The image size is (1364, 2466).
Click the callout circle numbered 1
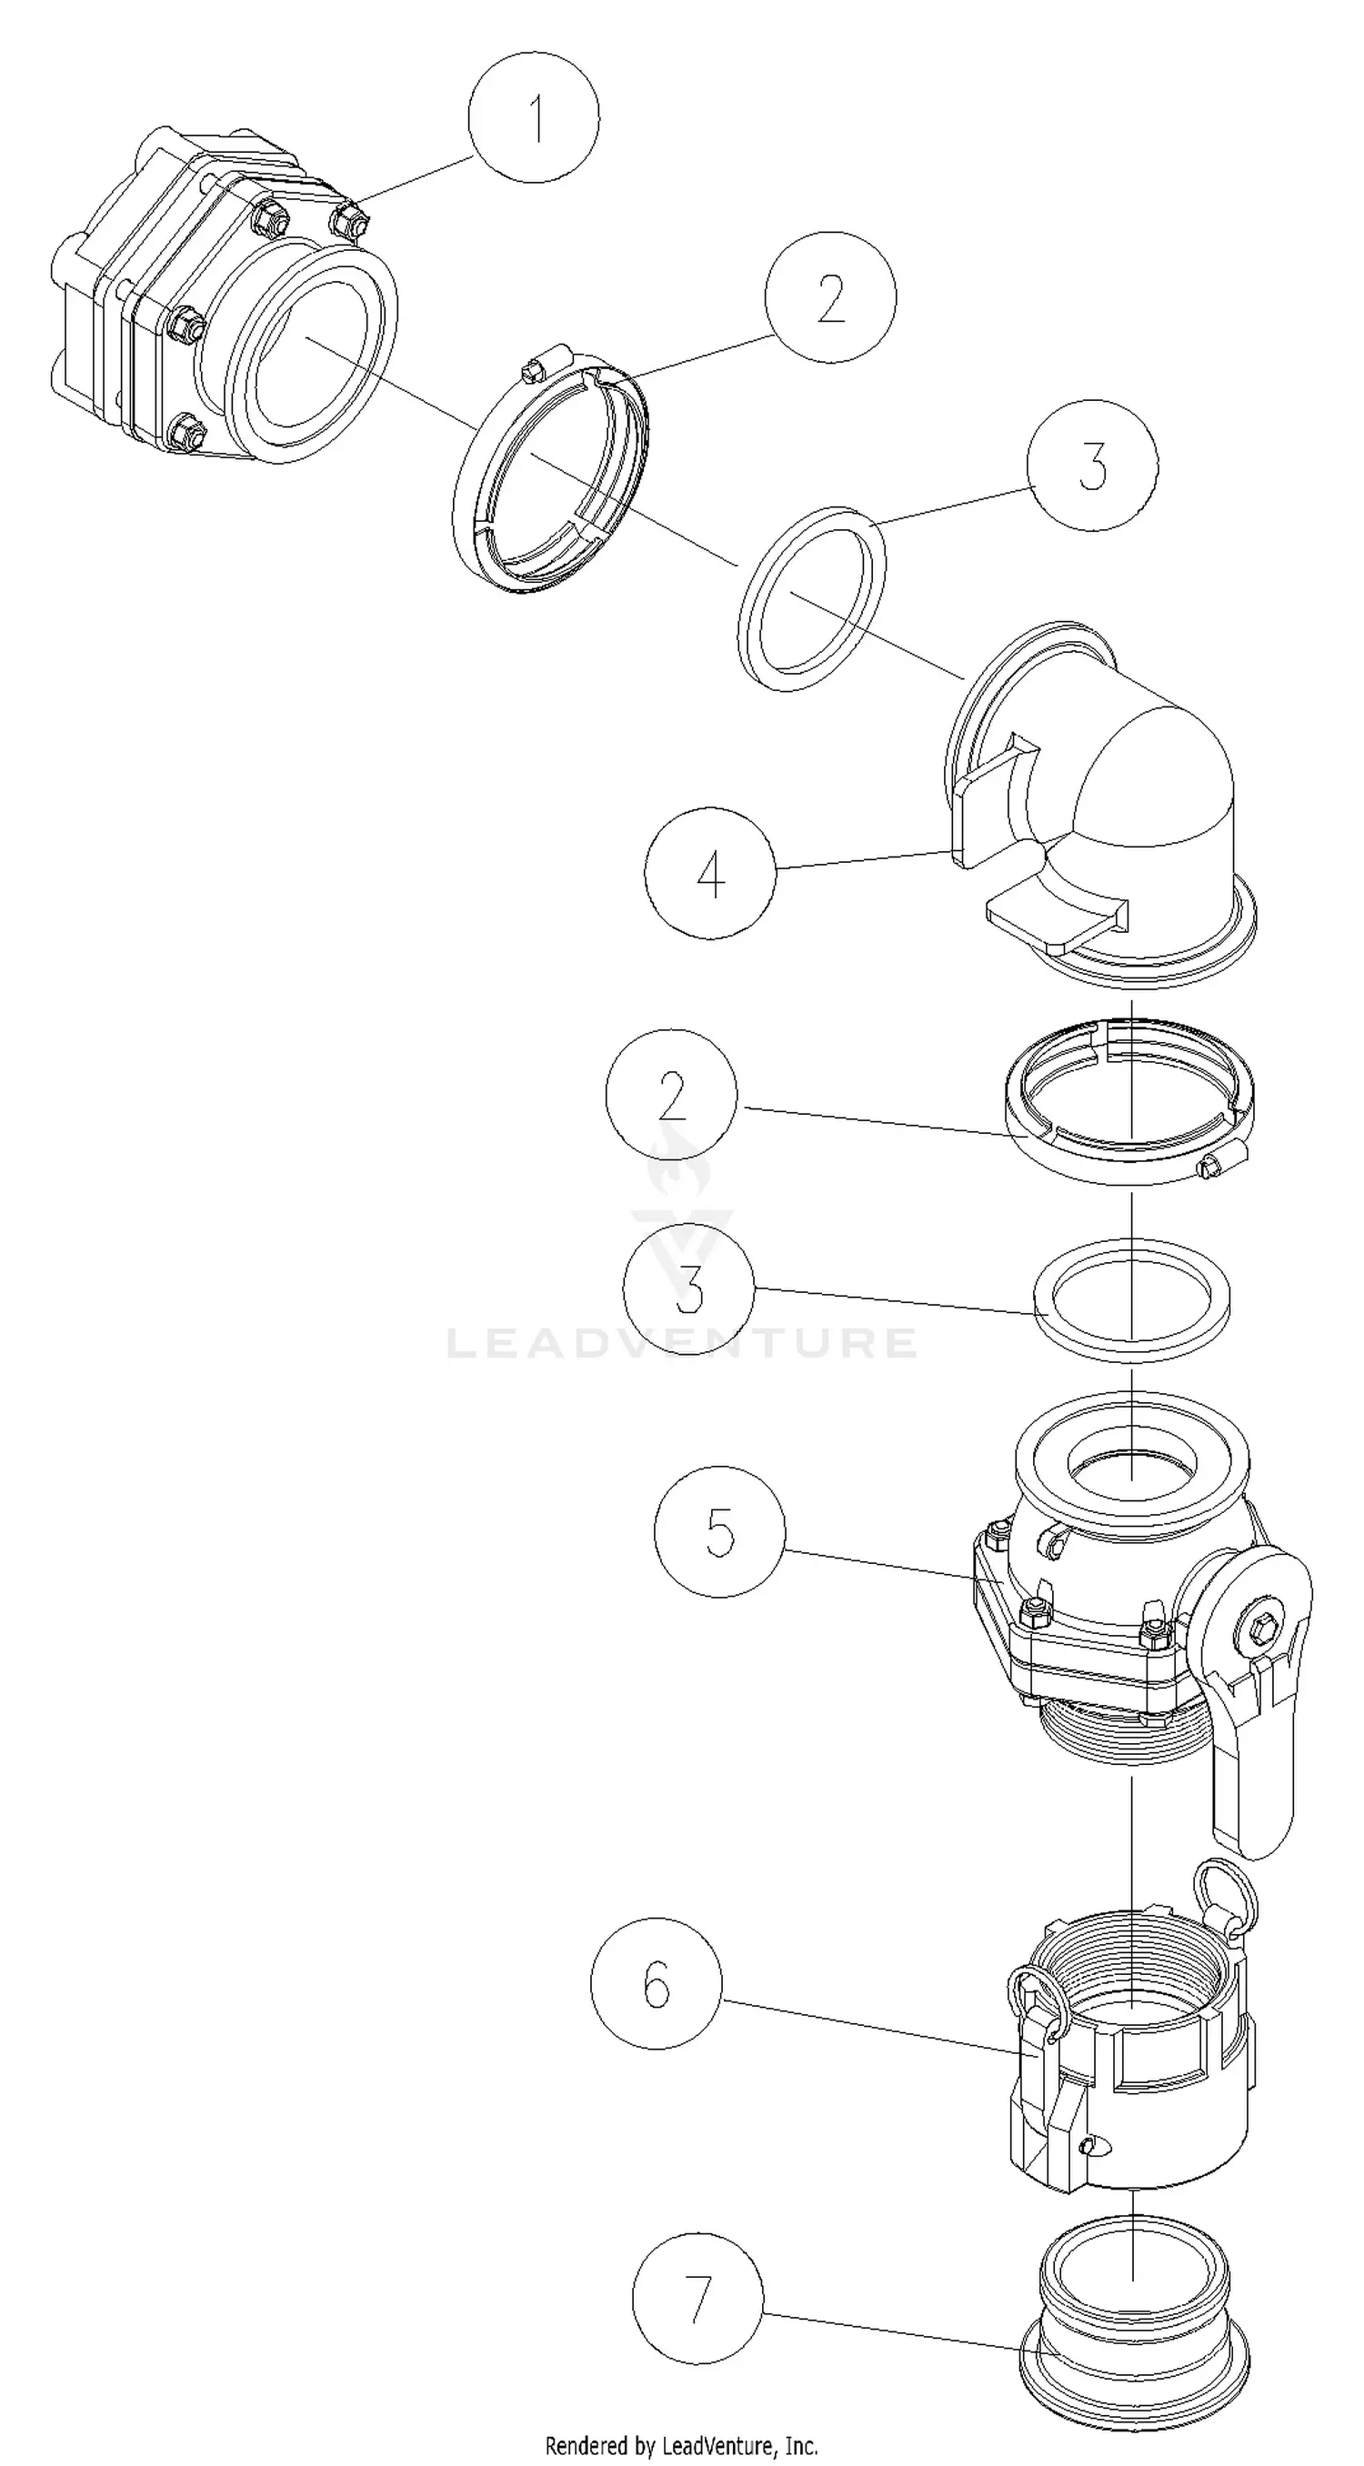[534, 116]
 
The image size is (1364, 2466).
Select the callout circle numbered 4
[710, 873]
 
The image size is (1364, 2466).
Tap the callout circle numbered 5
[720, 1530]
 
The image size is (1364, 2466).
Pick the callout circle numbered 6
[657, 1983]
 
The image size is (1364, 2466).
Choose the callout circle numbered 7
[698, 2299]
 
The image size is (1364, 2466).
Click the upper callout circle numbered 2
[831, 296]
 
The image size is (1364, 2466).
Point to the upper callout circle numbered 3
[1092, 466]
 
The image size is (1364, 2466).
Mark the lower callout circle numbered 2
[672, 1094]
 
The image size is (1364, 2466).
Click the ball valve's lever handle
[1254, 1790]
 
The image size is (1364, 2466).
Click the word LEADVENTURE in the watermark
[681, 1342]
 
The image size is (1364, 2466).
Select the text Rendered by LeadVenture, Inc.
[681, 2446]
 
